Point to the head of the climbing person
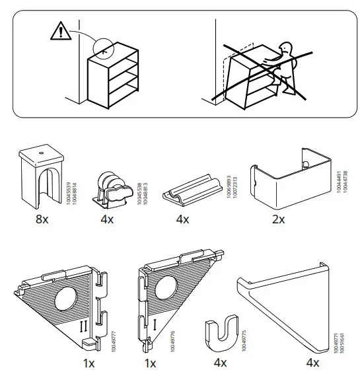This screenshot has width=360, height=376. [x=285, y=51]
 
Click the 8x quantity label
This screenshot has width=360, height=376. [x=42, y=219]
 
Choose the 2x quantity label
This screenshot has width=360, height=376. [x=279, y=219]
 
